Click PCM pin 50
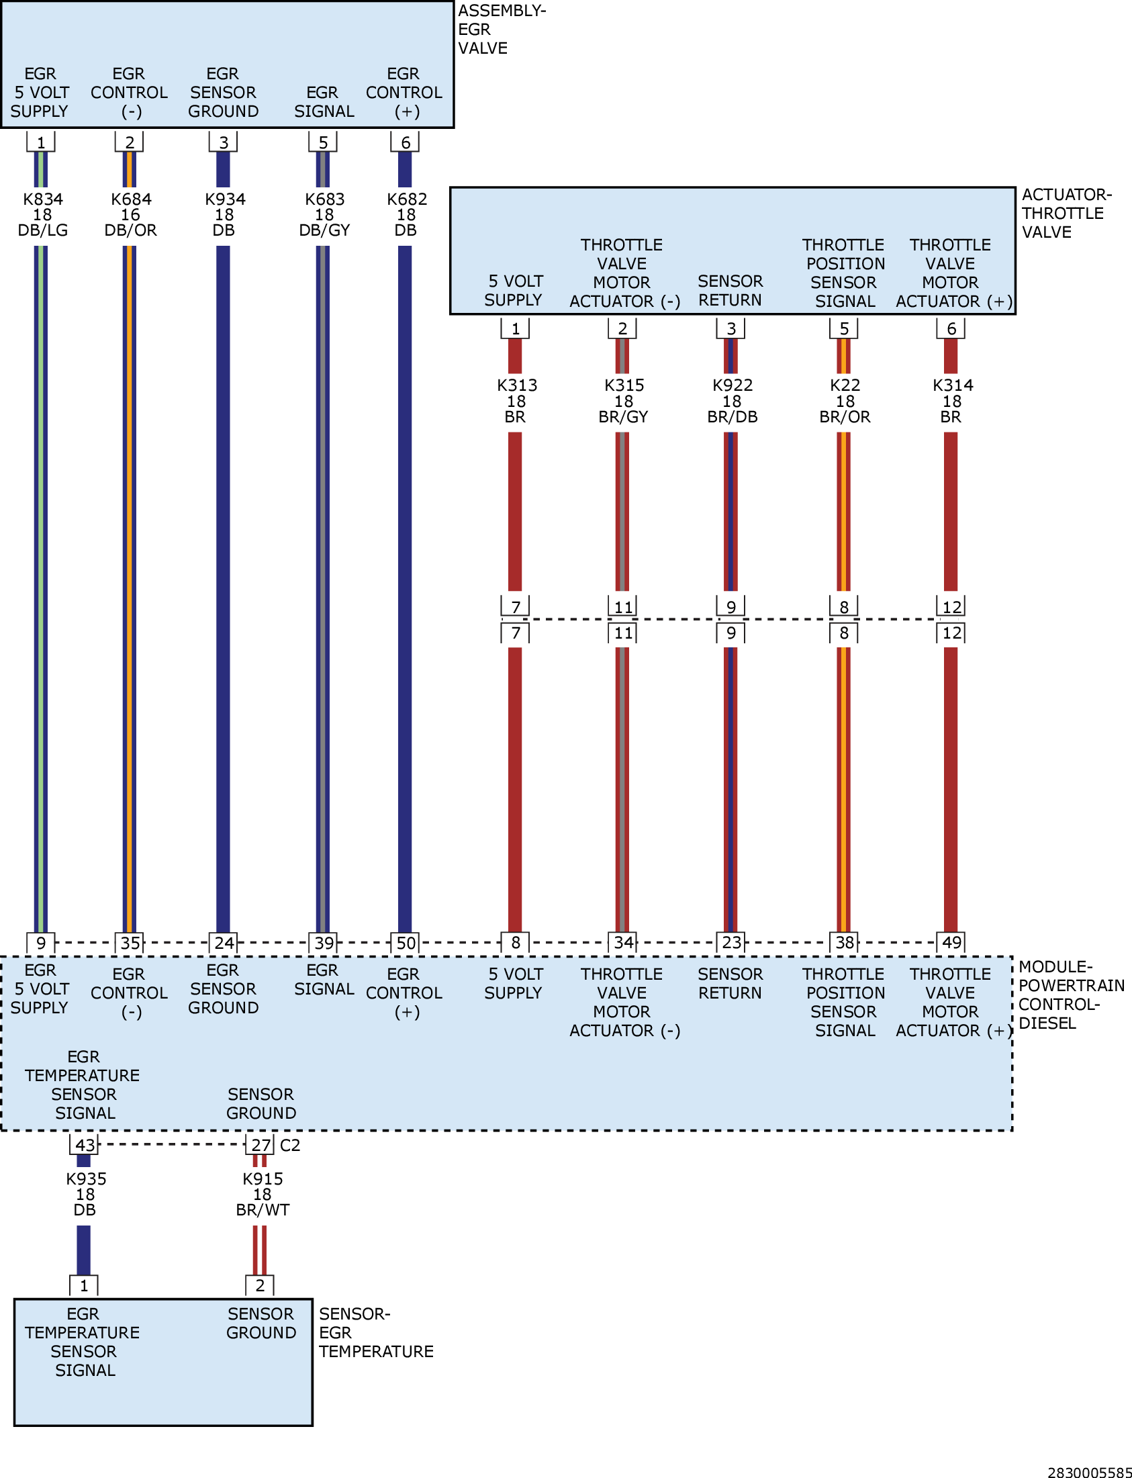405,943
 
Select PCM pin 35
130,943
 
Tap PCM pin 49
951,942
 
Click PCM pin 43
84,1144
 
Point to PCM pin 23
731,942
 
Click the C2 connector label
290,1145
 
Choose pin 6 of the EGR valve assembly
405,142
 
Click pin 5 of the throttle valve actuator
843,328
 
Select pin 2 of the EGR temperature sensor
260,1285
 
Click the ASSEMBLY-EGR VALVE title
502,30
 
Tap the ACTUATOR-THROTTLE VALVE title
1067,213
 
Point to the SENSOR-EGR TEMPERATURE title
376,1332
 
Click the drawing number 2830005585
1090,1473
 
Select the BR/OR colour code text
845,417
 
